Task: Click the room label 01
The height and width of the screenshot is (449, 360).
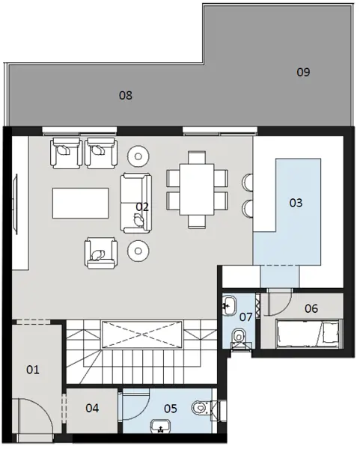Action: pyautogui.click(x=33, y=369)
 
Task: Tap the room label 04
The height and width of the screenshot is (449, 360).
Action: pyautogui.click(x=92, y=408)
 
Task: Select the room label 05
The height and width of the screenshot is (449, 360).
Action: pyautogui.click(x=170, y=408)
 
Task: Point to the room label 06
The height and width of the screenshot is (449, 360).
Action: pyautogui.click(x=311, y=308)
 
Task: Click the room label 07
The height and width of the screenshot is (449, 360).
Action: pyautogui.click(x=245, y=317)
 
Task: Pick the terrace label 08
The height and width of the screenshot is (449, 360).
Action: pyautogui.click(x=126, y=95)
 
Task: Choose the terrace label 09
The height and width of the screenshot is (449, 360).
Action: pyautogui.click(x=303, y=72)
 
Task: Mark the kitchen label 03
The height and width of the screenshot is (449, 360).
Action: pyautogui.click(x=296, y=202)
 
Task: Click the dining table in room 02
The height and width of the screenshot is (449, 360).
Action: pyautogui.click(x=197, y=189)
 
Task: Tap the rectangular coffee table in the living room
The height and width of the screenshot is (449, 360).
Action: pyautogui.click(x=81, y=202)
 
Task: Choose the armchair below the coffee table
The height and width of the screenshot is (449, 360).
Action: pyautogui.click(x=100, y=252)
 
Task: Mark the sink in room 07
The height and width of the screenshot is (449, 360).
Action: pyautogui.click(x=230, y=305)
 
